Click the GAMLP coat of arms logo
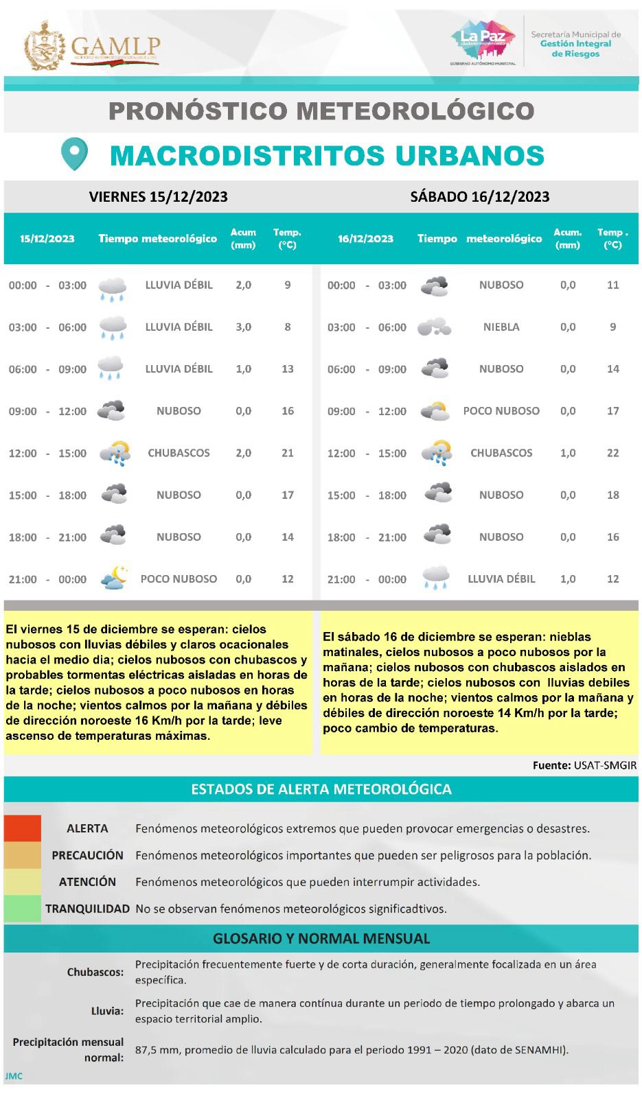pyautogui.click(x=45, y=46)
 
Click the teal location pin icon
pyautogui.click(x=74, y=154)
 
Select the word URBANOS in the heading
pyautogui.click(x=453, y=156)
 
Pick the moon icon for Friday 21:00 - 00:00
pyautogui.click(x=113, y=579)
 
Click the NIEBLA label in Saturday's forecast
pyautogui.click(x=501, y=327)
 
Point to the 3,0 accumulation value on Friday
pyautogui.click(x=244, y=327)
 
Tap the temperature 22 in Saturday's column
pyautogui.click(x=612, y=453)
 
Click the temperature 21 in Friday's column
pyautogui.click(x=287, y=453)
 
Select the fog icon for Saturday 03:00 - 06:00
pyautogui.click(x=435, y=327)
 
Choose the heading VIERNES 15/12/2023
pyautogui.click(x=158, y=197)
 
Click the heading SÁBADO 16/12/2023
pyautogui.click(x=480, y=197)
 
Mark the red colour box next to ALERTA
pyautogui.click(x=22, y=828)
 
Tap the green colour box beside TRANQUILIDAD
pyautogui.click(x=22, y=909)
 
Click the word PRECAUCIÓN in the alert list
pyautogui.click(x=87, y=855)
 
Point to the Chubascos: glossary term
pyautogui.click(x=95, y=972)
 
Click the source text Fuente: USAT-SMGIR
pyautogui.click(x=584, y=765)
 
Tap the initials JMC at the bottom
pyautogui.click(x=14, y=1076)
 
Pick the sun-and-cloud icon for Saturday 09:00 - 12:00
pyautogui.click(x=435, y=411)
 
